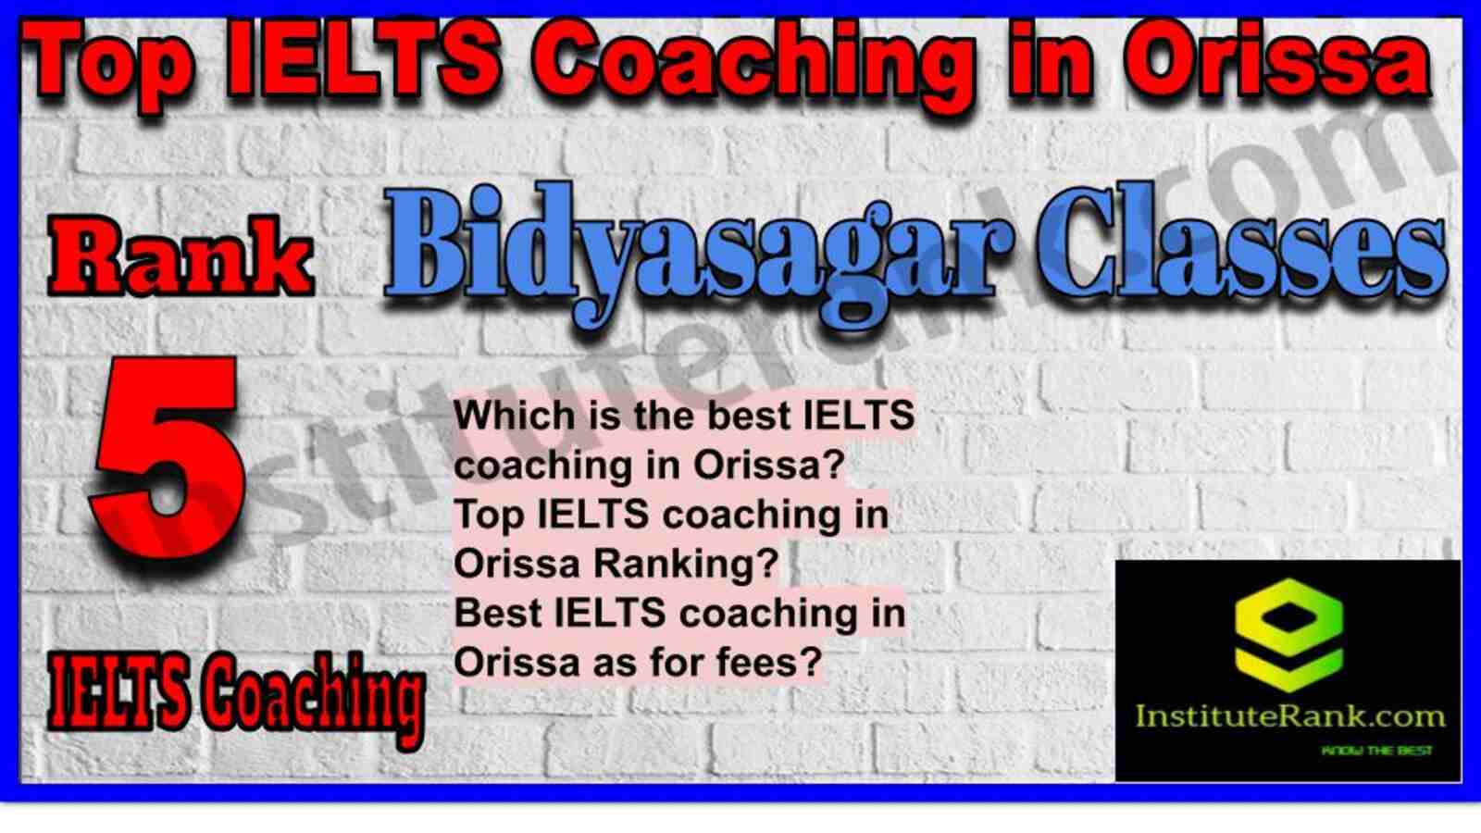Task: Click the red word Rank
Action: click(x=180, y=255)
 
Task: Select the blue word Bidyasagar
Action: click(x=698, y=255)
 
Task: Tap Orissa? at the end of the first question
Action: click(x=769, y=466)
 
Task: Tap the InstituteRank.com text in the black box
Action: click(x=1289, y=716)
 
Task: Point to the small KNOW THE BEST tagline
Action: click(x=1376, y=751)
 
